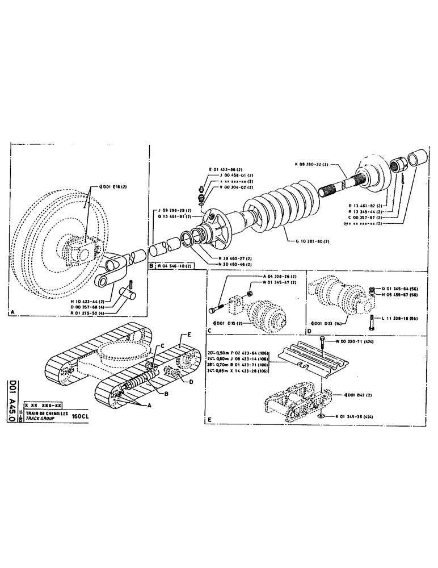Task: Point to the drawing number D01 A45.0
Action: [12, 398]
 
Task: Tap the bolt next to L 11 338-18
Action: [372, 322]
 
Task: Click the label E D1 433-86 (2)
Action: [225, 170]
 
